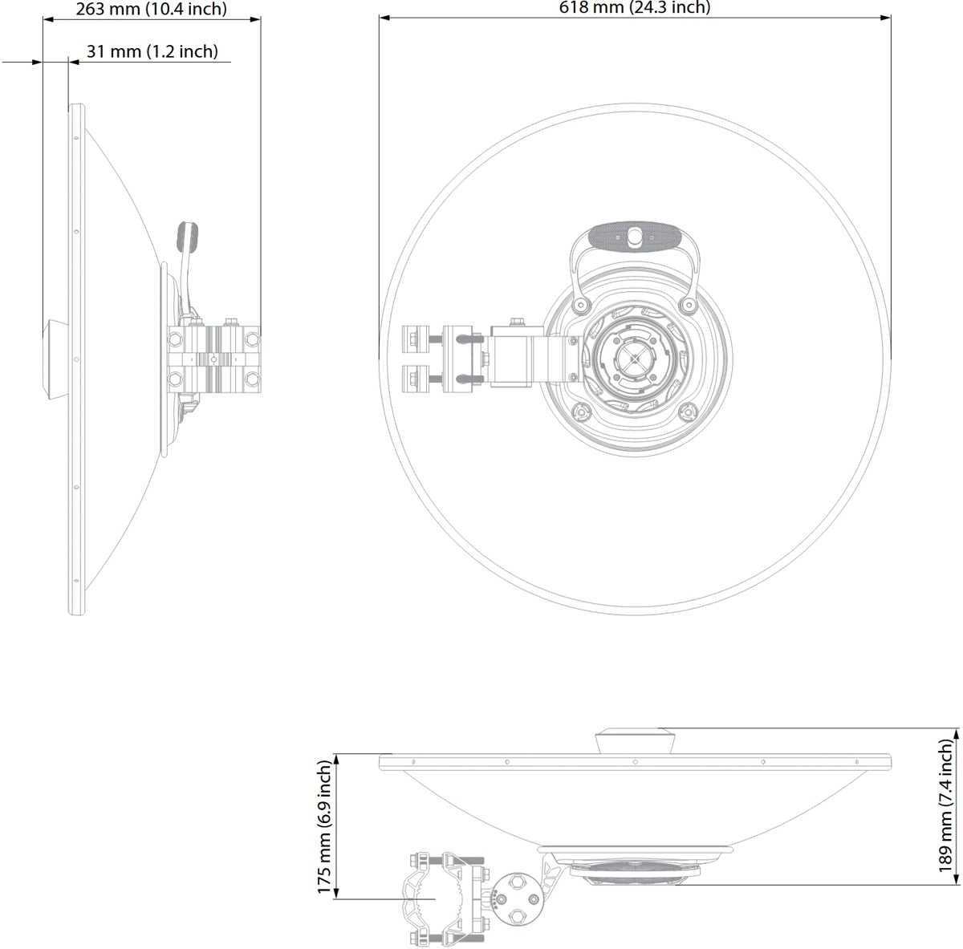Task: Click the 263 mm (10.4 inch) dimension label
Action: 152,9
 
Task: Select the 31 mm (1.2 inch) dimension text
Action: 152,51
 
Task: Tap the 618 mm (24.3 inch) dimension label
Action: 635,7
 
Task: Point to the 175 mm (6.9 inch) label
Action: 324,828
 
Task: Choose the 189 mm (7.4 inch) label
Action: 945,805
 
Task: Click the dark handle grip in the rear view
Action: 635,237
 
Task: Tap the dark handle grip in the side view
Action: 187,237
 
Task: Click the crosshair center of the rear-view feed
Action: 634,357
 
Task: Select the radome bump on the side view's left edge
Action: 55,360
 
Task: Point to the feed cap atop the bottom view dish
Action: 635,741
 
